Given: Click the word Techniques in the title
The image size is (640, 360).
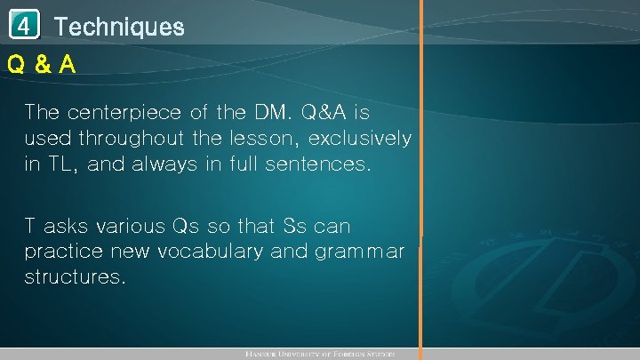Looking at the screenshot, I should coord(119,27).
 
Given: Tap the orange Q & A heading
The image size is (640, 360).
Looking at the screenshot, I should coord(41,65).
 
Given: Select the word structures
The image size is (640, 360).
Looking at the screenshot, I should coord(75,277).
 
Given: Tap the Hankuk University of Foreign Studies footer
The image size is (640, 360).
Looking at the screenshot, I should coord(319,354).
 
